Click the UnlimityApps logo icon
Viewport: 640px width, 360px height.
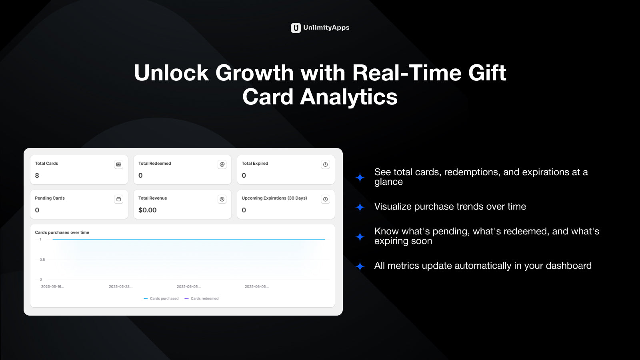click(x=296, y=28)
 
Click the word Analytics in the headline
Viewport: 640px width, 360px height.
click(x=348, y=97)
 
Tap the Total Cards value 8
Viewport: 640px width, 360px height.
click(x=37, y=176)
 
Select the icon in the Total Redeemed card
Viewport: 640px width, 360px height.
click(x=222, y=164)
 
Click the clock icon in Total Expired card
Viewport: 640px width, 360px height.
click(x=325, y=164)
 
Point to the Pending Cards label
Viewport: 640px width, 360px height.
click(x=50, y=198)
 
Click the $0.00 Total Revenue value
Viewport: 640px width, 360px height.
click(x=148, y=210)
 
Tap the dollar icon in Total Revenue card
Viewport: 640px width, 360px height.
click(x=222, y=199)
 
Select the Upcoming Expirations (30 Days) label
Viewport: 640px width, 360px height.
click(x=274, y=198)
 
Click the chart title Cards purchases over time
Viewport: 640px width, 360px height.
click(x=62, y=232)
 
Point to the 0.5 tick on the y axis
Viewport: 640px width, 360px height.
click(x=42, y=260)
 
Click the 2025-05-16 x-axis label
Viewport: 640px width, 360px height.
click(x=52, y=286)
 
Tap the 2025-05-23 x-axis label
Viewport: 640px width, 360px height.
click(x=120, y=286)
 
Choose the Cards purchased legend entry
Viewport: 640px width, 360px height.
click(x=161, y=298)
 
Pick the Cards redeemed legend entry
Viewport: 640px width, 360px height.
click(x=202, y=298)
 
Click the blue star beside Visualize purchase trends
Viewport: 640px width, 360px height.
click(x=360, y=207)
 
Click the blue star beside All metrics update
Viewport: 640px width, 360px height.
click(x=360, y=266)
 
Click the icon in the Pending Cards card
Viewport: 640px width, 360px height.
click(x=118, y=199)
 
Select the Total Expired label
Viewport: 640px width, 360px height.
click(x=255, y=164)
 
